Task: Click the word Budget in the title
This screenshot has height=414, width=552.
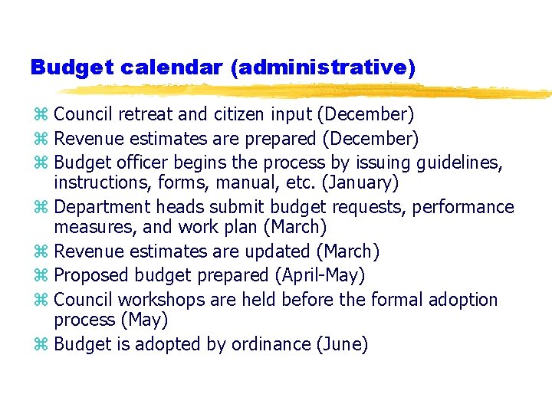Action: click(67, 67)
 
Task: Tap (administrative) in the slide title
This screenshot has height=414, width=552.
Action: click(323, 67)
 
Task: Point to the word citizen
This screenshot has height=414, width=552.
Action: click(235, 115)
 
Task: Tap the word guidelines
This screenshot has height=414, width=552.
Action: click(459, 163)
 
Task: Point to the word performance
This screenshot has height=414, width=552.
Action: click(467, 207)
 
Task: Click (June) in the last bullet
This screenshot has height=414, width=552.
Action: click(342, 345)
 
